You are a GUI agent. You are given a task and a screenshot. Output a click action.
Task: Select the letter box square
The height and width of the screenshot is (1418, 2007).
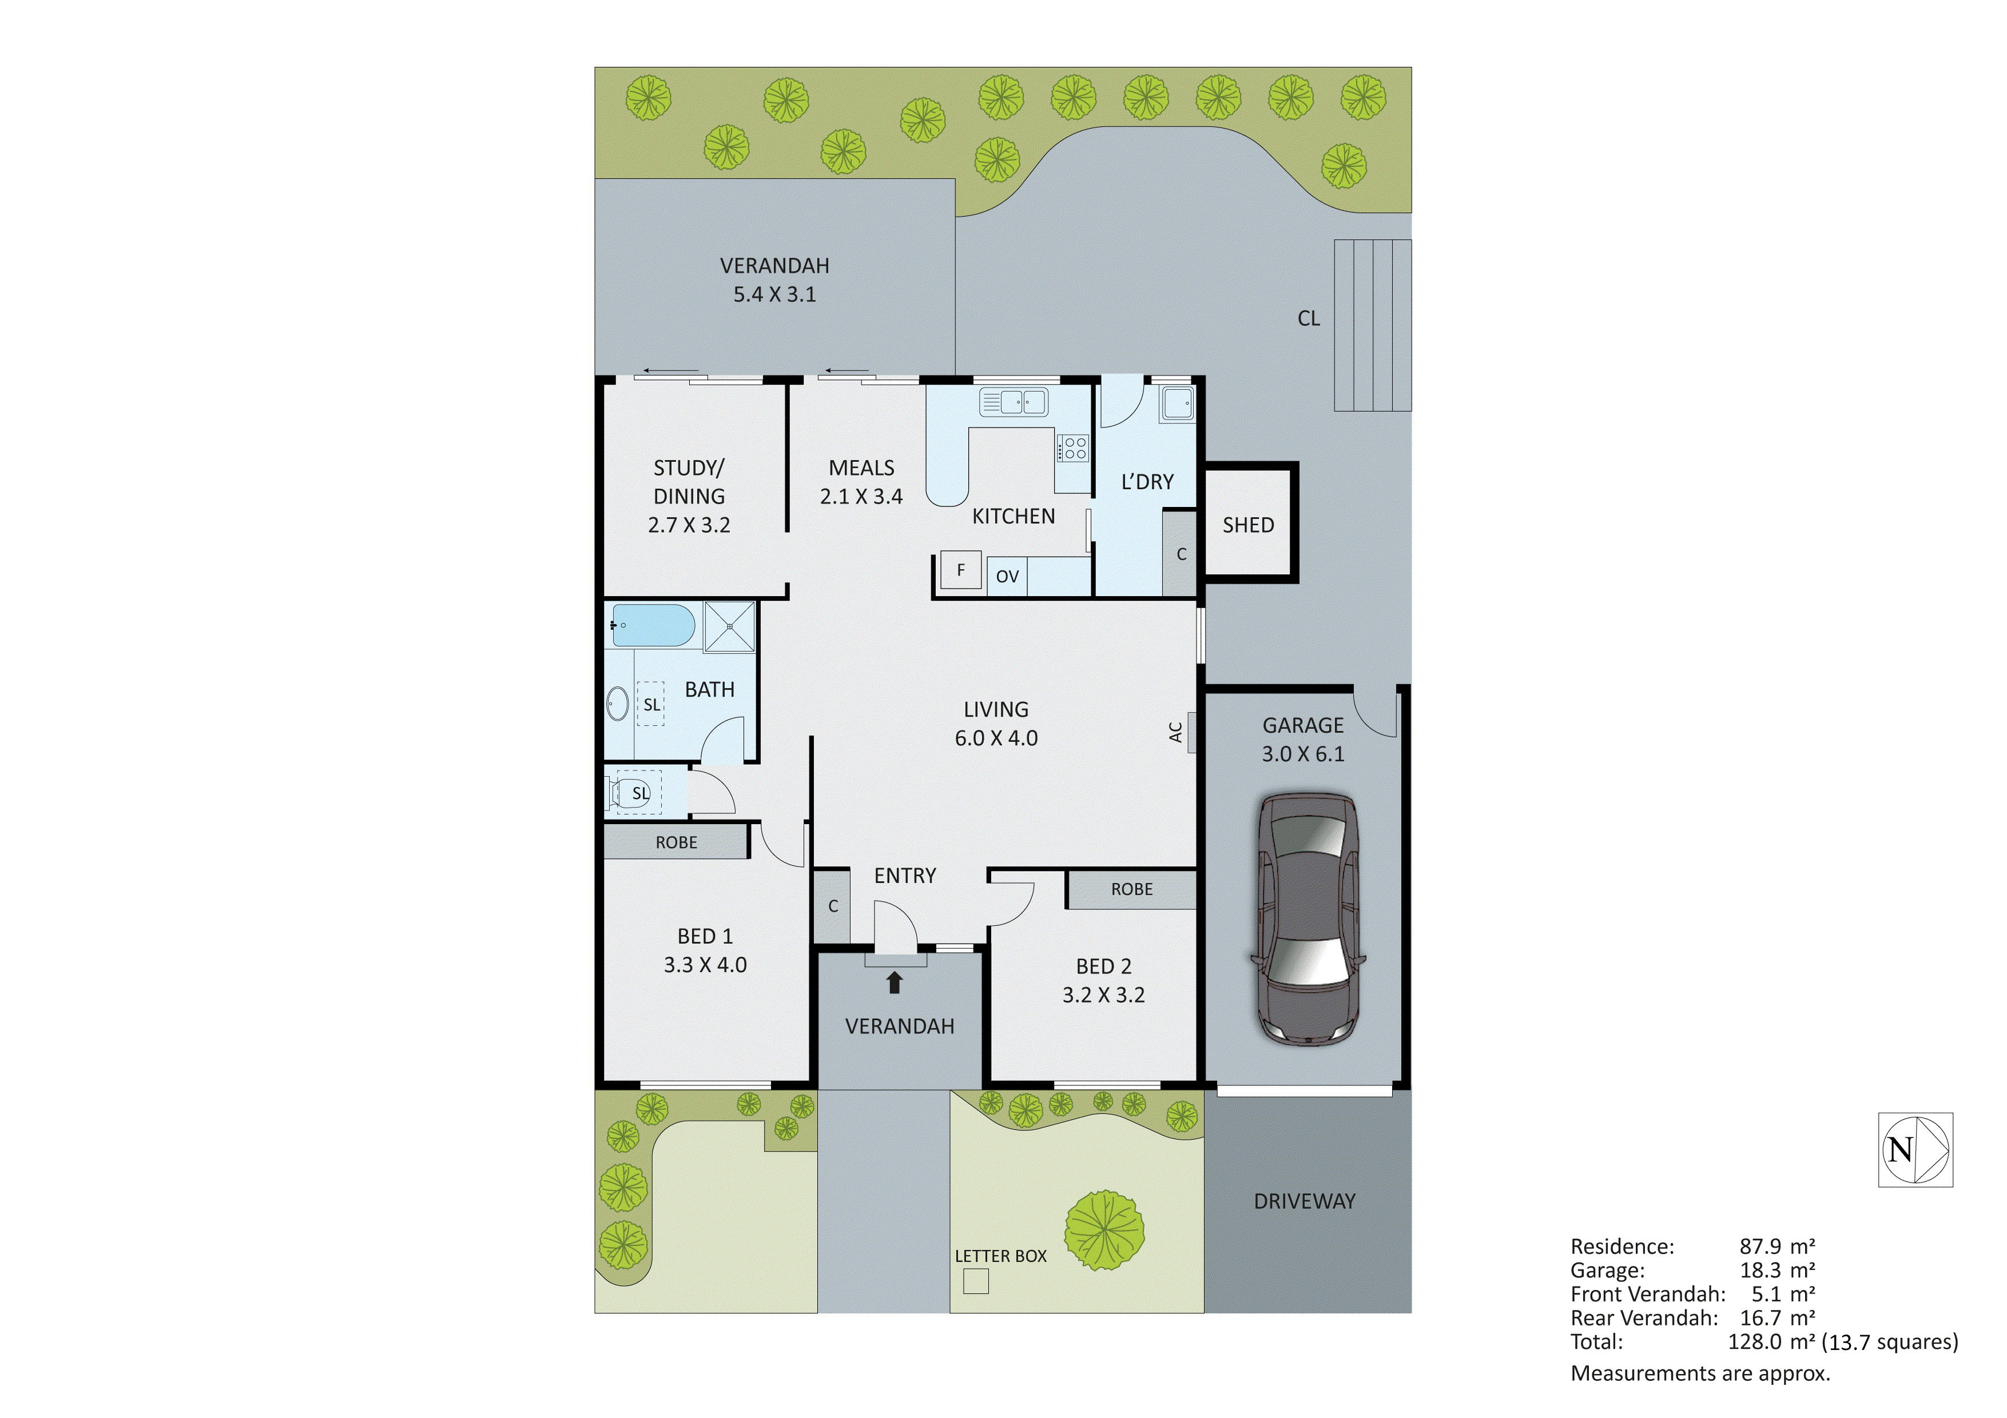[976, 1281]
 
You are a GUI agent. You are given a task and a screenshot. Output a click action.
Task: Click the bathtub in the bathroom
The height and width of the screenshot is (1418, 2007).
[653, 626]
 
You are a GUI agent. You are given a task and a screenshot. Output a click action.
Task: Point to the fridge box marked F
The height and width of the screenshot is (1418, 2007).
[961, 570]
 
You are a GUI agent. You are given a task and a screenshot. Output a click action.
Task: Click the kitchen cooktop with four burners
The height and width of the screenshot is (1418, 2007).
[1074, 448]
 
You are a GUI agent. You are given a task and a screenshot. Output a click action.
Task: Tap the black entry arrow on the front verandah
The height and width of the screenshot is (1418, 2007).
[894, 983]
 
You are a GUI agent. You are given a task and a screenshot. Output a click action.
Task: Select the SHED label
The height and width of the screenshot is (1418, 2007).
[1247, 525]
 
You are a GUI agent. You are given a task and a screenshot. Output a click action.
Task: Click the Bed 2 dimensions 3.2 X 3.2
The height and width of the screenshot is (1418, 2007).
[1103, 995]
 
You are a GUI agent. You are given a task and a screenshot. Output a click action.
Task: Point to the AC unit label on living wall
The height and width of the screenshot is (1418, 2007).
[1177, 731]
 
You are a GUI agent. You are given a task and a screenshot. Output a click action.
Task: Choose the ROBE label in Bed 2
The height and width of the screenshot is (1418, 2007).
[1131, 889]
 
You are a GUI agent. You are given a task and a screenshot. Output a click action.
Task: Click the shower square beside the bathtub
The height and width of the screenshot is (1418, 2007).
[729, 626]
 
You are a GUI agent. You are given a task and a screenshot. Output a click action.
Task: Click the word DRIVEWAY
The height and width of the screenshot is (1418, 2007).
[1304, 1201]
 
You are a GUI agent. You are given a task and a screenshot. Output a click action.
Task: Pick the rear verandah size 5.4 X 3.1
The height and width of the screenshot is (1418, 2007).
[774, 294]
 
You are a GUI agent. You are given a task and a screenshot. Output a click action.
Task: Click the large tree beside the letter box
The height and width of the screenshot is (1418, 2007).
[1104, 1230]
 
